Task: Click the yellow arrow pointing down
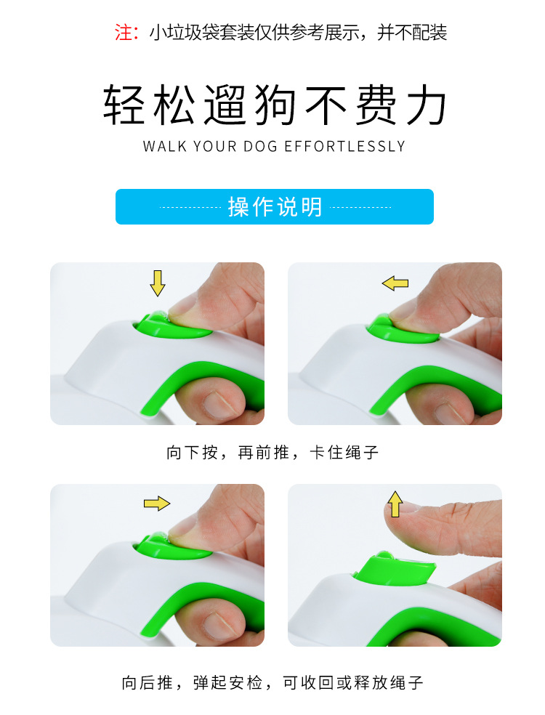pos(158,283)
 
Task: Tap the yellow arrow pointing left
pos(395,283)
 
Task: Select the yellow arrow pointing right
pos(156,503)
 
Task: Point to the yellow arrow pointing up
pos(395,504)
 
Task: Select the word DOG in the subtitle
pos(259,146)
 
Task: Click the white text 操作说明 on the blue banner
pos(275,207)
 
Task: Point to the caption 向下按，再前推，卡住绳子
pos(272,453)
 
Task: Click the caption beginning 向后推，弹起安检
pos(272,683)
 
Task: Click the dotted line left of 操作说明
pos(190,207)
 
